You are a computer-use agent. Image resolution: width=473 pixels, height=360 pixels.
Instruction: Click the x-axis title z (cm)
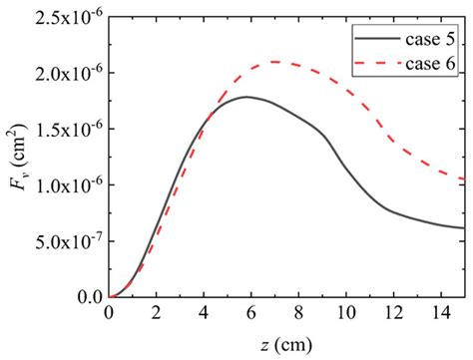(x=286, y=343)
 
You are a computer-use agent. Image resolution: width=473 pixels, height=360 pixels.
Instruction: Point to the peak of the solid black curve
(x=247, y=97)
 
